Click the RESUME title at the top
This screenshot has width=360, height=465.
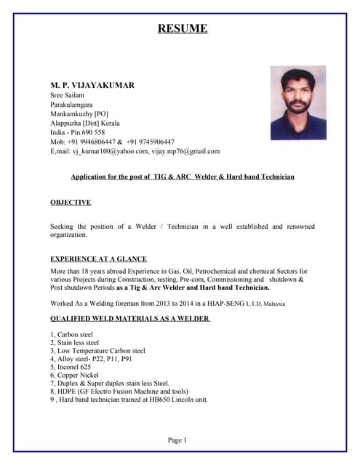pyautogui.click(x=183, y=29)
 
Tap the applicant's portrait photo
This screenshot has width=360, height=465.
pyautogui.click(x=298, y=102)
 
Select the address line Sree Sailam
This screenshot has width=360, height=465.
pyautogui.click(x=68, y=95)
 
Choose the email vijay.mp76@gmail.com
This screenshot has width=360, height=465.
pyautogui.click(x=186, y=152)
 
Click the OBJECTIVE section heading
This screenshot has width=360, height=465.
pyautogui.click(x=71, y=202)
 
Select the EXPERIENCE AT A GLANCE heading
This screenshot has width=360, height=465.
pyautogui.click(x=98, y=259)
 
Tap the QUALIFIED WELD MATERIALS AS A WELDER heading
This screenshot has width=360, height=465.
pyautogui.click(x=130, y=319)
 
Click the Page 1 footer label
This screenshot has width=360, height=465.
pyautogui.click(x=177, y=440)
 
